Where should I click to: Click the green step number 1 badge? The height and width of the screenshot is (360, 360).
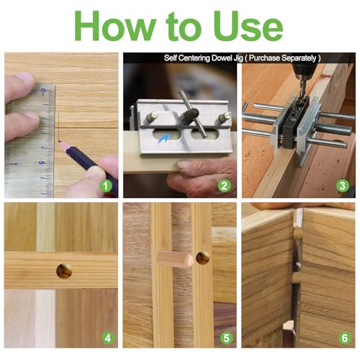106,186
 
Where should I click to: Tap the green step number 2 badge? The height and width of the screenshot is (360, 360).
224,186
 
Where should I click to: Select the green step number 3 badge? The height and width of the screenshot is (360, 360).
343,186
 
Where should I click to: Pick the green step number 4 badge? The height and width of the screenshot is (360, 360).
108,338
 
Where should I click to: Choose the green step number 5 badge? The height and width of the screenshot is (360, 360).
226,338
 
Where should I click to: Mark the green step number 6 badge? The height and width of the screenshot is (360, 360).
345,338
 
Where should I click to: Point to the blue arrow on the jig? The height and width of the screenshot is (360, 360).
163,139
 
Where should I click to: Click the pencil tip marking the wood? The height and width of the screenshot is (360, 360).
59,142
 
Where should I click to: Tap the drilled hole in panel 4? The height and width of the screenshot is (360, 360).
64,271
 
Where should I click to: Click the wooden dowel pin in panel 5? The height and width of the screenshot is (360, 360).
176,259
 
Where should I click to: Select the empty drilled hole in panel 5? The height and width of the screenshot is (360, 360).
202,258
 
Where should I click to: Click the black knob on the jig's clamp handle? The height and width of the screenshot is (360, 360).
189,115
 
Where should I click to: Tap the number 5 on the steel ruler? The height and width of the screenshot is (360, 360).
42,163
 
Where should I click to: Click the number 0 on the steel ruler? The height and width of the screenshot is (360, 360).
43,91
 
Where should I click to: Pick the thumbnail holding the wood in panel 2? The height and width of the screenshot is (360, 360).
184,164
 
